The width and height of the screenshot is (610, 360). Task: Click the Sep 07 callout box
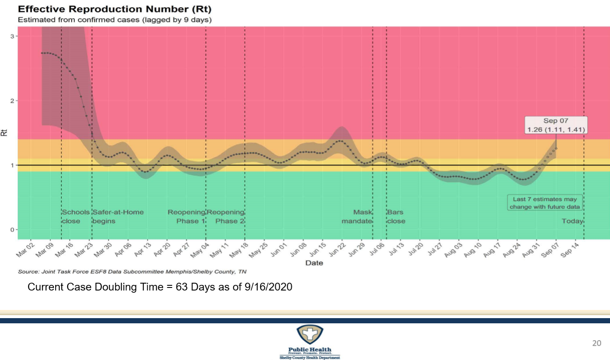tap(556, 125)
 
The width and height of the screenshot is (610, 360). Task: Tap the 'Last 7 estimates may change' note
tap(544, 203)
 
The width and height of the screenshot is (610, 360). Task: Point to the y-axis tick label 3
tap(13, 36)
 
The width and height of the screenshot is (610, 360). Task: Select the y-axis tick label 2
tap(13, 101)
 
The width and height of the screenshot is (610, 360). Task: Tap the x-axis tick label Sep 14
tap(570, 251)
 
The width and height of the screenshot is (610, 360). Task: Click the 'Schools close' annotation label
tap(75, 217)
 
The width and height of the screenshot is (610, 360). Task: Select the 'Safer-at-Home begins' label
tap(118, 217)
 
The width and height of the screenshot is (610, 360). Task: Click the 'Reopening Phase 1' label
tap(186, 217)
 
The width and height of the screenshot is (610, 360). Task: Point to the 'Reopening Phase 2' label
tap(226, 217)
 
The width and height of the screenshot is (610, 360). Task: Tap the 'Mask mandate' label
tap(357, 217)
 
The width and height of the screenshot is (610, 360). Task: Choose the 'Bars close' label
tap(396, 217)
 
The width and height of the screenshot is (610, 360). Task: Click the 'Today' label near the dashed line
tap(572, 221)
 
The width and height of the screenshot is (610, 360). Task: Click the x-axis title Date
tap(314, 263)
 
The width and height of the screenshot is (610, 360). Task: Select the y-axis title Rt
tap(4, 133)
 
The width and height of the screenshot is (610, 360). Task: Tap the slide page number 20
tap(596, 343)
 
